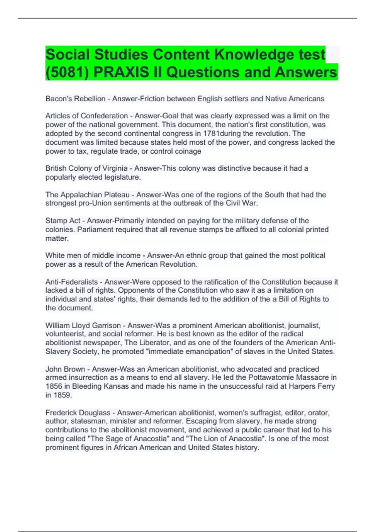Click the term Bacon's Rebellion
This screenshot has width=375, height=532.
click(75, 99)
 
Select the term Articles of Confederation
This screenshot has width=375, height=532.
click(87, 116)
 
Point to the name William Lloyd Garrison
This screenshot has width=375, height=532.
click(83, 325)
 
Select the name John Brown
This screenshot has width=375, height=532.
click(65, 369)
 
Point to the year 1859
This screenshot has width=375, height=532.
click(62, 395)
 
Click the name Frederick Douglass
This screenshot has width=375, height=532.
click(78, 413)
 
